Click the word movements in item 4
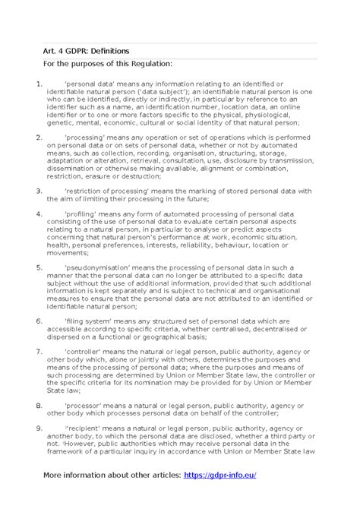pos(64,253)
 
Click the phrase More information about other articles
pos(112,475)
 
